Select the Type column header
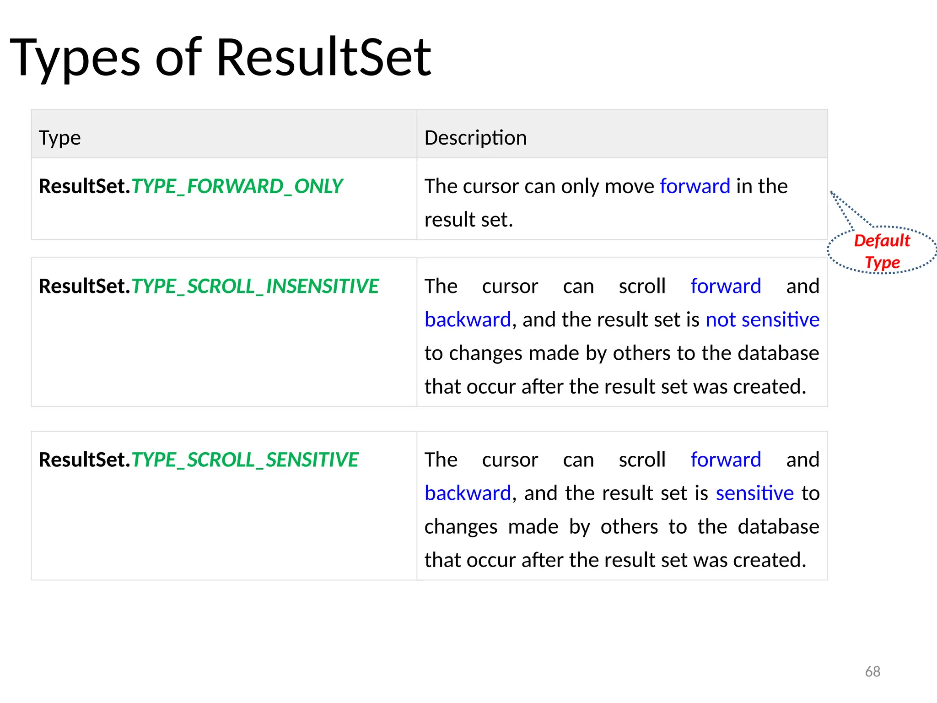[x=60, y=138]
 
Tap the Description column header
[x=475, y=138]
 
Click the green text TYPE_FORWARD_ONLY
[x=237, y=186]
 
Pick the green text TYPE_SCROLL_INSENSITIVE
[x=255, y=286]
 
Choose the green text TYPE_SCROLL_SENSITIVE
[x=245, y=460]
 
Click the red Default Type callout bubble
[x=882, y=251]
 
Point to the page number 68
[x=872, y=671]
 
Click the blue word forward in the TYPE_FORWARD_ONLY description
[x=695, y=186]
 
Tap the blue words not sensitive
[x=762, y=319]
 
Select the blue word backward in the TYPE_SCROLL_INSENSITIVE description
[x=468, y=319]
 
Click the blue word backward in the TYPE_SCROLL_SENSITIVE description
[x=468, y=493]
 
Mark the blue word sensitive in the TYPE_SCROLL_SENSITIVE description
[x=754, y=493]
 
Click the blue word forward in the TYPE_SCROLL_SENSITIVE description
[x=726, y=460]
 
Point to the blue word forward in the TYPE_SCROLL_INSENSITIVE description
[x=726, y=286]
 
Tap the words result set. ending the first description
[x=468, y=220]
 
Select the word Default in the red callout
[x=882, y=241]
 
